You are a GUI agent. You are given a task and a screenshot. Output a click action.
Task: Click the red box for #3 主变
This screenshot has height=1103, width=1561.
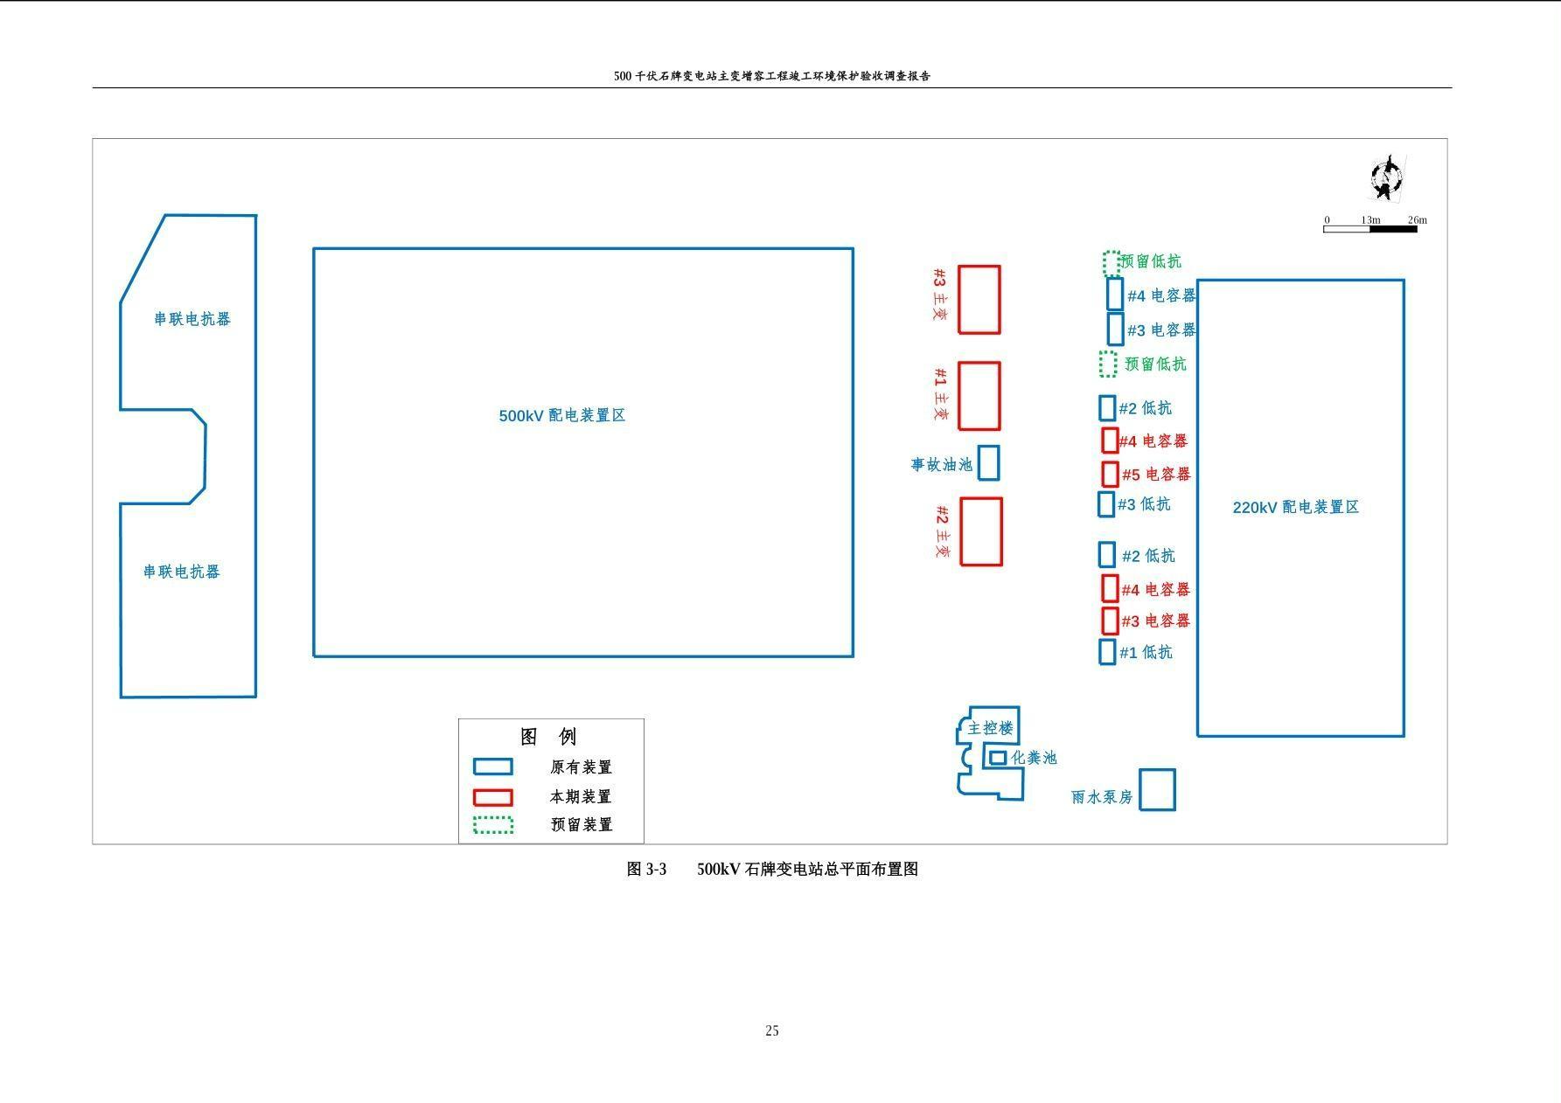[x=979, y=300]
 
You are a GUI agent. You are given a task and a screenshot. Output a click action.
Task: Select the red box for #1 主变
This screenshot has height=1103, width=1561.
[x=979, y=396]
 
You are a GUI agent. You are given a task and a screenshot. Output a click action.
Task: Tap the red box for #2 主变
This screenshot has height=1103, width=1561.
[x=980, y=531]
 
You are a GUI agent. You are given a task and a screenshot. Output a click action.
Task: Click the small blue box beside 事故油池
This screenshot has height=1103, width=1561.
[x=988, y=463]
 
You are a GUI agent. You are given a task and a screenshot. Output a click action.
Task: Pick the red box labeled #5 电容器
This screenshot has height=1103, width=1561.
[x=1110, y=474]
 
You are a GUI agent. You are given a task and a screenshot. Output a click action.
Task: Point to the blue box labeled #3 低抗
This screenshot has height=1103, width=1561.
[x=1106, y=504]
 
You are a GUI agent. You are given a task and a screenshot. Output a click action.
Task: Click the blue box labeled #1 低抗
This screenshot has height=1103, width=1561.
[x=1107, y=652]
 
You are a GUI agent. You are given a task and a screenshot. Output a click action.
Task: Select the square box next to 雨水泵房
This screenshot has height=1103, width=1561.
[x=1157, y=790]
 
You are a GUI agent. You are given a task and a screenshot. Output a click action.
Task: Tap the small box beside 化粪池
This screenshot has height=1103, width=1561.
[x=997, y=758]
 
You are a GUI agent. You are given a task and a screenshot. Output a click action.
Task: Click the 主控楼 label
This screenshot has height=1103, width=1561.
[x=990, y=728]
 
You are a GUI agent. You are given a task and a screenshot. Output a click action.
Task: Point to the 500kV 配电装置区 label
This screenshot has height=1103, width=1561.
[x=562, y=416]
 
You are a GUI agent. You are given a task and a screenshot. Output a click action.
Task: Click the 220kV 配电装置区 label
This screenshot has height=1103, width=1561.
[x=1295, y=508]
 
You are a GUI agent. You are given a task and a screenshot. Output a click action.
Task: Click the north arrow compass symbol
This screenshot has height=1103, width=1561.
[x=1386, y=177]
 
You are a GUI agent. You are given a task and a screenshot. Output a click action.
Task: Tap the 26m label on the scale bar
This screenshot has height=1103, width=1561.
[x=1417, y=220]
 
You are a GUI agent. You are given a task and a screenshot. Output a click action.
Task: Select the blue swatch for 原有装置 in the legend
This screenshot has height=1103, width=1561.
[x=492, y=767]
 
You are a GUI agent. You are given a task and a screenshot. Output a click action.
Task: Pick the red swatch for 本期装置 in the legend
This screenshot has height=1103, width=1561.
[x=492, y=797]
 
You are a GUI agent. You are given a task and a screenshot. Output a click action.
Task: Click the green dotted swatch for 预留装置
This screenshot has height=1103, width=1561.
[x=492, y=825]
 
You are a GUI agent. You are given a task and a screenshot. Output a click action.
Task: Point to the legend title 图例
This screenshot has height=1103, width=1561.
[x=548, y=737]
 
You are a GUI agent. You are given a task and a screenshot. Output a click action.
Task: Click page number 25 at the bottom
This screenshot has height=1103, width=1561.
[x=771, y=1031]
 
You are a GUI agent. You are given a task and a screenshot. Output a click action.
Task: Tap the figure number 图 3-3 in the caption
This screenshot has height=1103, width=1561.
[x=646, y=870]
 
